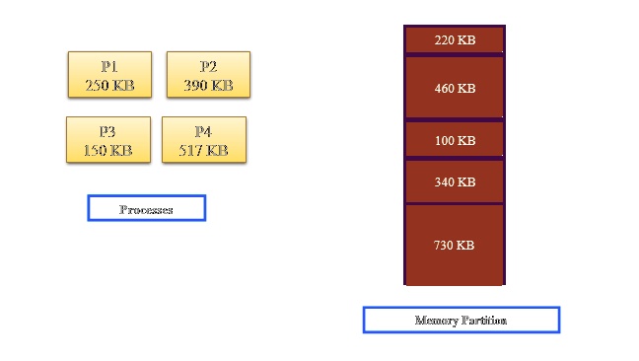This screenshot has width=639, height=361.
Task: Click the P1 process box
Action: (108, 75)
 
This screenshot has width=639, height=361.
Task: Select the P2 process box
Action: (208, 75)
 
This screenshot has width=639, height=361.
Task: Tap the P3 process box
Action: (107, 140)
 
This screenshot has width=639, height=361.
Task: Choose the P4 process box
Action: (203, 140)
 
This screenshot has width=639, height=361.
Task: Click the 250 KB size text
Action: (108, 86)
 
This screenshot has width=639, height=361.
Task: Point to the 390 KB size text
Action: (208, 86)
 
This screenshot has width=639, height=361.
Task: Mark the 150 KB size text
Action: (107, 151)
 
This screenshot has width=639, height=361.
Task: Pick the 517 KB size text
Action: (203, 151)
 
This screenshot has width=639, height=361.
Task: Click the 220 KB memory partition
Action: (455, 40)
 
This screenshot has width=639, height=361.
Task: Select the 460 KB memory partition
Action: (455, 88)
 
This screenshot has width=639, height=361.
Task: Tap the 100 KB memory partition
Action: (455, 140)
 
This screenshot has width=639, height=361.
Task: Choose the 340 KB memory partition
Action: (455, 181)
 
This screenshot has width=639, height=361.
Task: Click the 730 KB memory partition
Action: (455, 245)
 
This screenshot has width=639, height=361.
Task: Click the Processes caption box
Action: (146, 208)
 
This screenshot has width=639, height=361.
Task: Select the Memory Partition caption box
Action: (461, 321)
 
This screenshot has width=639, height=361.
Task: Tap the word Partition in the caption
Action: (484, 321)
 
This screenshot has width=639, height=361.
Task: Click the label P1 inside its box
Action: (108, 66)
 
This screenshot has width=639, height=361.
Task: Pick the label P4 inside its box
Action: (203, 131)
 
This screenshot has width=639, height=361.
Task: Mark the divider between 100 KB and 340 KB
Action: (455, 158)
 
